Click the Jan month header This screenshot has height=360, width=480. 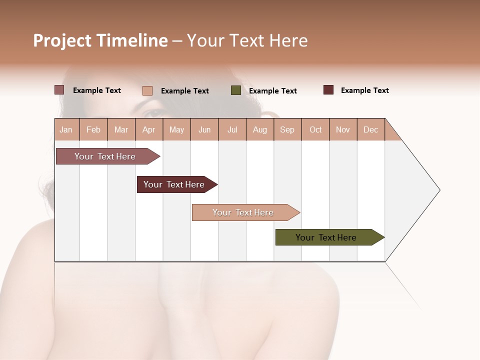click(x=66, y=130)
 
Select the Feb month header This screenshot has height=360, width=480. click(x=93, y=130)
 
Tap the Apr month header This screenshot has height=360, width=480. click(x=148, y=130)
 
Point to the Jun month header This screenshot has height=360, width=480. click(x=204, y=130)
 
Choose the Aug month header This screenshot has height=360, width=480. click(x=259, y=130)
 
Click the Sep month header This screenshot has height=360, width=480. click(x=287, y=130)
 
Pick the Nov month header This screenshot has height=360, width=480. click(x=343, y=130)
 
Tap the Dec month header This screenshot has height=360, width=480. click(x=370, y=130)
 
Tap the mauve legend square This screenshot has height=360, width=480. click(x=59, y=90)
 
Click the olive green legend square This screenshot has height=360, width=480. click(x=236, y=90)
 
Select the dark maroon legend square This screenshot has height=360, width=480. click(x=328, y=90)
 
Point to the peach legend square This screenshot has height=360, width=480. click(x=147, y=90)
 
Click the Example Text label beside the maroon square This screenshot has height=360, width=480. click(x=364, y=90)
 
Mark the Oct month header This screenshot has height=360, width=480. click(x=315, y=130)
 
